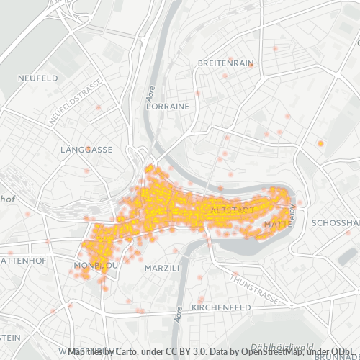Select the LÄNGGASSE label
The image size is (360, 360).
[x=87, y=150]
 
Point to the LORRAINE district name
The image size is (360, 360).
[x=167, y=106]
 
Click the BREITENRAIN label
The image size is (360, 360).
[x=225, y=63]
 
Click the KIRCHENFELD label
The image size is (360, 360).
[x=221, y=307]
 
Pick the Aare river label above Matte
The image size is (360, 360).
[x=292, y=211]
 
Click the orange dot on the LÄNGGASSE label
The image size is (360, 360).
[x=88, y=150]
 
